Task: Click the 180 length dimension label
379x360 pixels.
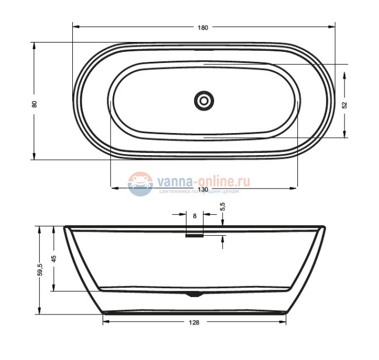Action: point(202,27)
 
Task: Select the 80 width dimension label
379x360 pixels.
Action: point(34,104)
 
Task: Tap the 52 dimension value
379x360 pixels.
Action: point(345,104)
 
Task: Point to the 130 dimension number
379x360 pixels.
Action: point(203,190)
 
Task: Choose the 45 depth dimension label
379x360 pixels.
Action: point(54,259)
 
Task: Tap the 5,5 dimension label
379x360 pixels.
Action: point(222,207)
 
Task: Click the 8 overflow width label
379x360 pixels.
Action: point(194,216)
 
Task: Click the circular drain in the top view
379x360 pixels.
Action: point(204,100)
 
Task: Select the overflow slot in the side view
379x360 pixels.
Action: point(194,236)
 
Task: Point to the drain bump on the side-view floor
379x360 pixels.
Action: point(195,294)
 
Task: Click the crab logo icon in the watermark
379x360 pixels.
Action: point(140,183)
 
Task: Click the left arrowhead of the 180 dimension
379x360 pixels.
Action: point(75,27)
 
